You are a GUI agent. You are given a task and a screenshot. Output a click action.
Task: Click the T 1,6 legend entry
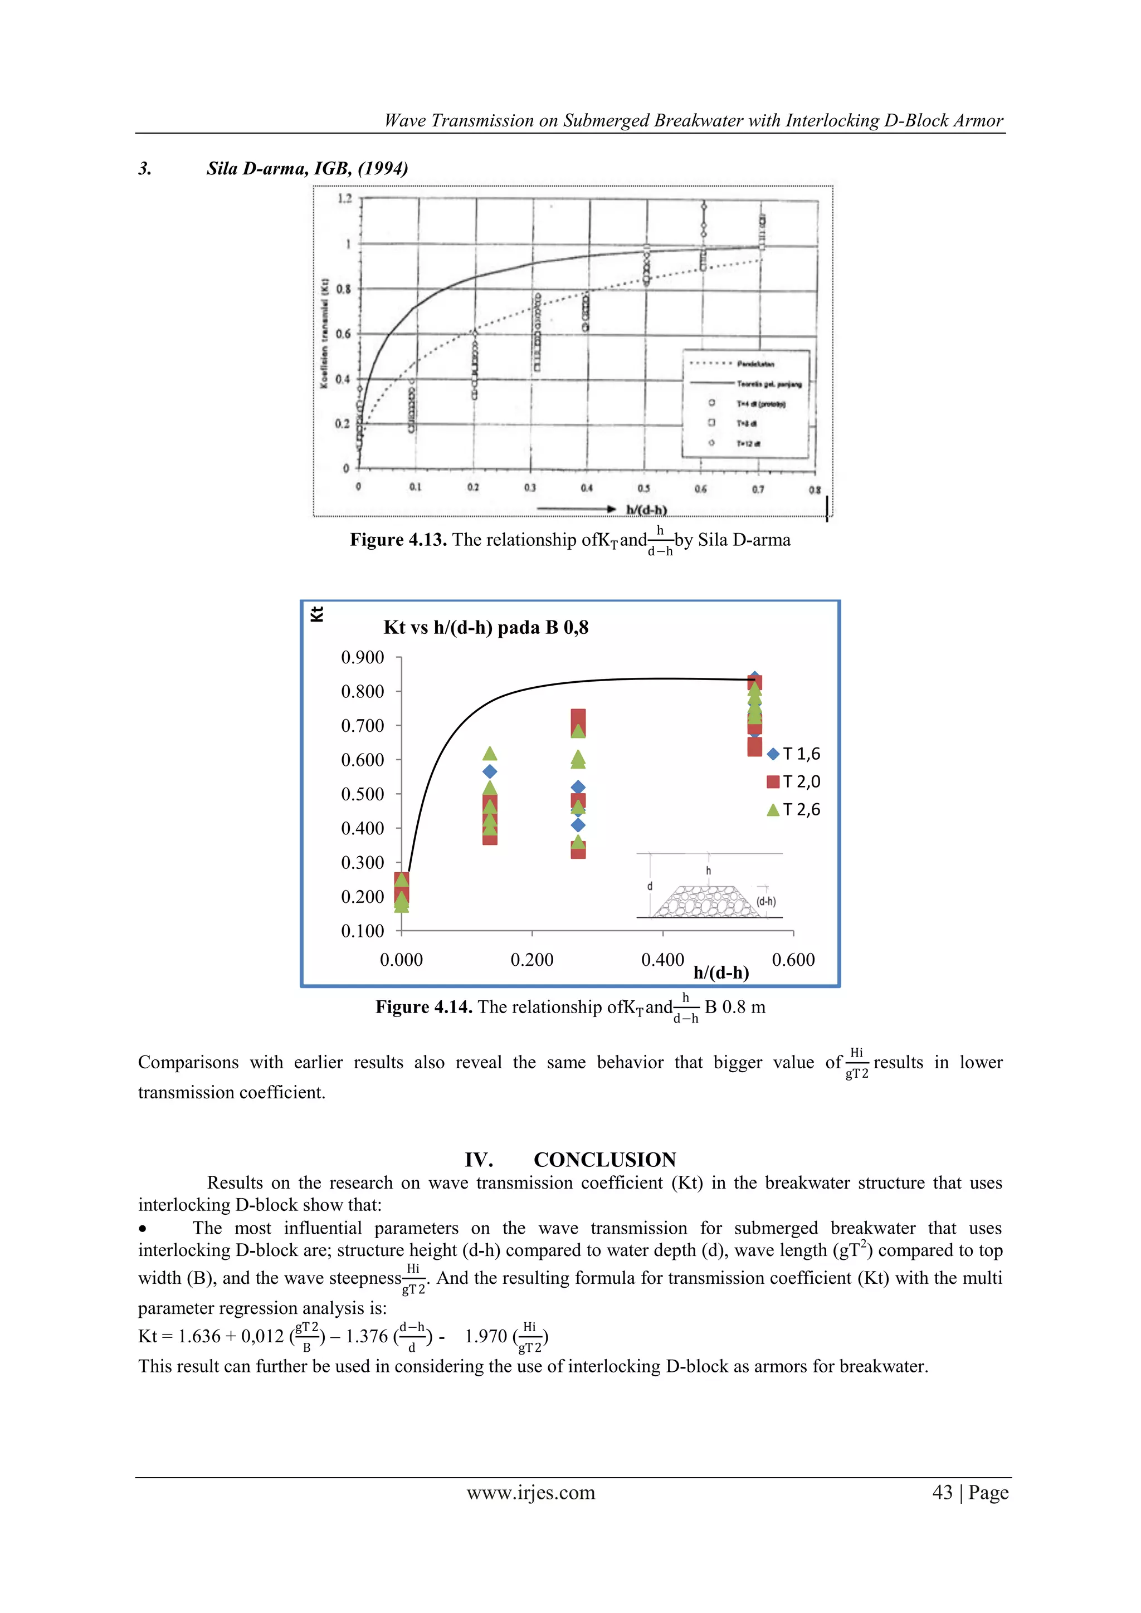(x=793, y=754)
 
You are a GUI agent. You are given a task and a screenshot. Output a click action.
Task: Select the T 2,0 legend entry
(x=793, y=782)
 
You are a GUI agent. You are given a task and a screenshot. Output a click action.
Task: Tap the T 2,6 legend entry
(x=793, y=810)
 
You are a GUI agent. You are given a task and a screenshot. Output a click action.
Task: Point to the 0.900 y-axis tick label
(x=363, y=658)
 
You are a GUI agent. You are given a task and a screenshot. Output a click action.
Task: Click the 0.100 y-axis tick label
(x=363, y=931)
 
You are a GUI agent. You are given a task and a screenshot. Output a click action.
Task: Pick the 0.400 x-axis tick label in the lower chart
(x=662, y=960)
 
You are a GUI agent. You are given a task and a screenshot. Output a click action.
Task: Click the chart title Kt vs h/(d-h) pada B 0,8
(x=485, y=627)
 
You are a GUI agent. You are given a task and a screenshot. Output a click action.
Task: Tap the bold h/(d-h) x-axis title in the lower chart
(x=721, y=972)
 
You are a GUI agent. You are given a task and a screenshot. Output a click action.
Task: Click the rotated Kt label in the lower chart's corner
(x=317, y=613)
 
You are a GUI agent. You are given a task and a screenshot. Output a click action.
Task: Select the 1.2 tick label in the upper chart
(x=344, y=199)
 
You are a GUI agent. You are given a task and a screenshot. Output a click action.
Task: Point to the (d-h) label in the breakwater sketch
(x=766, y=901)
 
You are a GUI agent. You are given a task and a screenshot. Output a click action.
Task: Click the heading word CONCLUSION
(x=604, y=1159)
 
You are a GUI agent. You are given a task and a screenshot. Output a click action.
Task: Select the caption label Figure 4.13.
(x=398, y=540)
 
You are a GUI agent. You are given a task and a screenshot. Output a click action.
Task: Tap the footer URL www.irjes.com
(x=530, y=1492)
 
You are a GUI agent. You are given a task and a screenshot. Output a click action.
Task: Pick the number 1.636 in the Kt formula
(x=199, y=1336)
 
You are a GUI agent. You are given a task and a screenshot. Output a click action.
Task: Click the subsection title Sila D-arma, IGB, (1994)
(x=307, y=169)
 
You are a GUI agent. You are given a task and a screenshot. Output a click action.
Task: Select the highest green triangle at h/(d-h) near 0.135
(x=490, y=753)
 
